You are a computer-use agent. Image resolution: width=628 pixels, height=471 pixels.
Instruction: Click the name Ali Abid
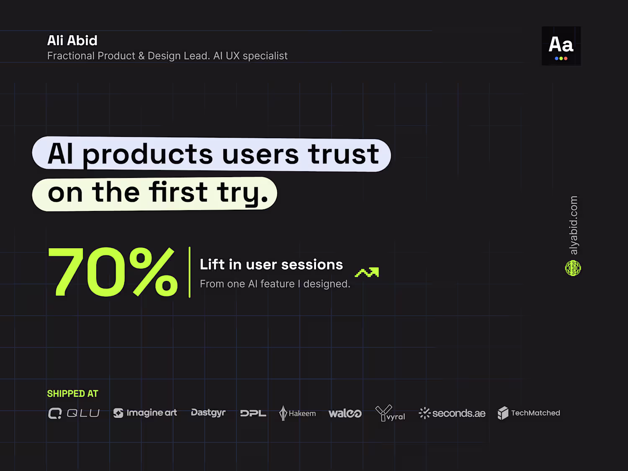point(72,40)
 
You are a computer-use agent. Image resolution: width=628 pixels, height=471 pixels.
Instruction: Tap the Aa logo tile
point(561,46)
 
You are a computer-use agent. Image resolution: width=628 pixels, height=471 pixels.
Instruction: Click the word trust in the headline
point(343,154)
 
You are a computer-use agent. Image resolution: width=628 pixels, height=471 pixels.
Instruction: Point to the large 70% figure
point(113,271)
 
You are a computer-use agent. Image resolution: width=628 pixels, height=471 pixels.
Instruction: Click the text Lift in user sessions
point(271,264)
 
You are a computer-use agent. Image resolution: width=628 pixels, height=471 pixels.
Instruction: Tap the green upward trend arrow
point(367,272)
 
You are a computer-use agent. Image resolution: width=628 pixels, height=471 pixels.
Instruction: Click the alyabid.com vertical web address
point(574,225)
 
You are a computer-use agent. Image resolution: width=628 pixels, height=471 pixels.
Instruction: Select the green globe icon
point(573,268)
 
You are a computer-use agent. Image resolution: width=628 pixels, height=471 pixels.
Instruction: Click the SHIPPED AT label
point(73,394)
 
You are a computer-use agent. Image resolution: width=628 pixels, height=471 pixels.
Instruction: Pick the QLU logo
point(74,413)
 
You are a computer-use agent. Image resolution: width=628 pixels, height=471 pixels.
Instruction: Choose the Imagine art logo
point(145,413)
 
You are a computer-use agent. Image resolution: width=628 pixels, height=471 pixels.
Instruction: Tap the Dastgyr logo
point(208,413)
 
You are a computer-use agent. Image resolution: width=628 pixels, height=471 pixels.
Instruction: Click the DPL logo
point(253,413)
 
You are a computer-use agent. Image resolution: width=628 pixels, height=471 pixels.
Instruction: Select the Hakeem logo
point(297,413)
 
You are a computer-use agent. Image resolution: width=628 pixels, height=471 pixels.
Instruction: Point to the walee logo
point(345,414)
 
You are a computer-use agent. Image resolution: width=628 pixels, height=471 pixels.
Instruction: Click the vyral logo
point(390,413)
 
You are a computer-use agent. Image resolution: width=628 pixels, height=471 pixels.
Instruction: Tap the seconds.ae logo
point(452,413)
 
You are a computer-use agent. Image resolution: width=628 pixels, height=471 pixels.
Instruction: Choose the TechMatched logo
point(529,413)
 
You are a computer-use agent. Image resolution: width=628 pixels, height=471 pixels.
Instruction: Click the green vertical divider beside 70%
point(189,272)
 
